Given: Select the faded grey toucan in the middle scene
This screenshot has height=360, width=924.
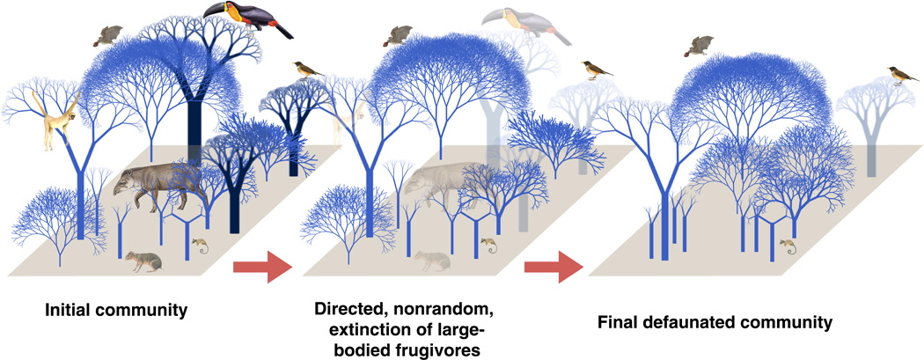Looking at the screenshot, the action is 524,25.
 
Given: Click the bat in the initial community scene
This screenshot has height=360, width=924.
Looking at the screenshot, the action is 107,35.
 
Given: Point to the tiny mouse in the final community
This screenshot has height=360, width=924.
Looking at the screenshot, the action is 788,246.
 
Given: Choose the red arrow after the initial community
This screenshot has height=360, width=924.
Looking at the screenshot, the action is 263,267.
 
